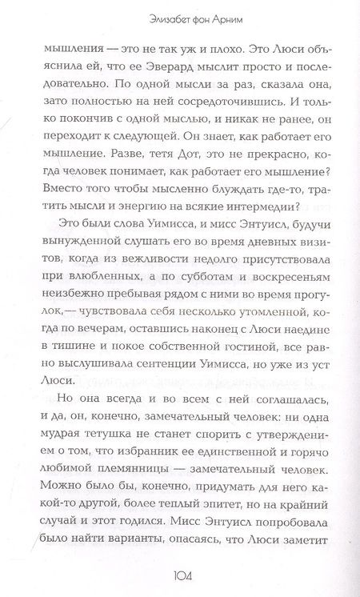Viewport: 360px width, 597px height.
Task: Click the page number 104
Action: point(179,574)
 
